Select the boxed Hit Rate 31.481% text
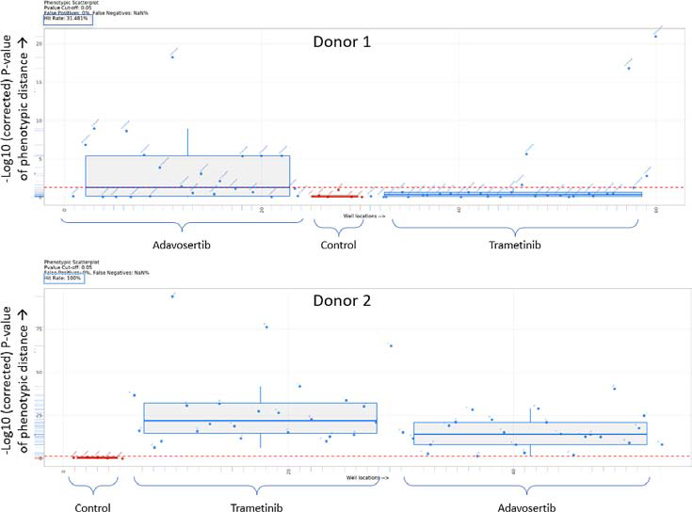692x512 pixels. [65, 19]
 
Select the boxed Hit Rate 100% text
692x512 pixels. [62, 279]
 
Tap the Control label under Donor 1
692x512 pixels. [338, 246]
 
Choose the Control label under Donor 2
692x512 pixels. [92, 507]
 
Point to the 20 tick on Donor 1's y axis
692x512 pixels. [39, 44]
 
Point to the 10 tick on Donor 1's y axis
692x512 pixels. [39, 121]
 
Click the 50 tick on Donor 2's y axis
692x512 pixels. [39, 373]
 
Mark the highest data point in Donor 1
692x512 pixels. [655, 36]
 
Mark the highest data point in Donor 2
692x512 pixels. [172, 296]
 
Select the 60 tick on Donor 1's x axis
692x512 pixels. [654, 210]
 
